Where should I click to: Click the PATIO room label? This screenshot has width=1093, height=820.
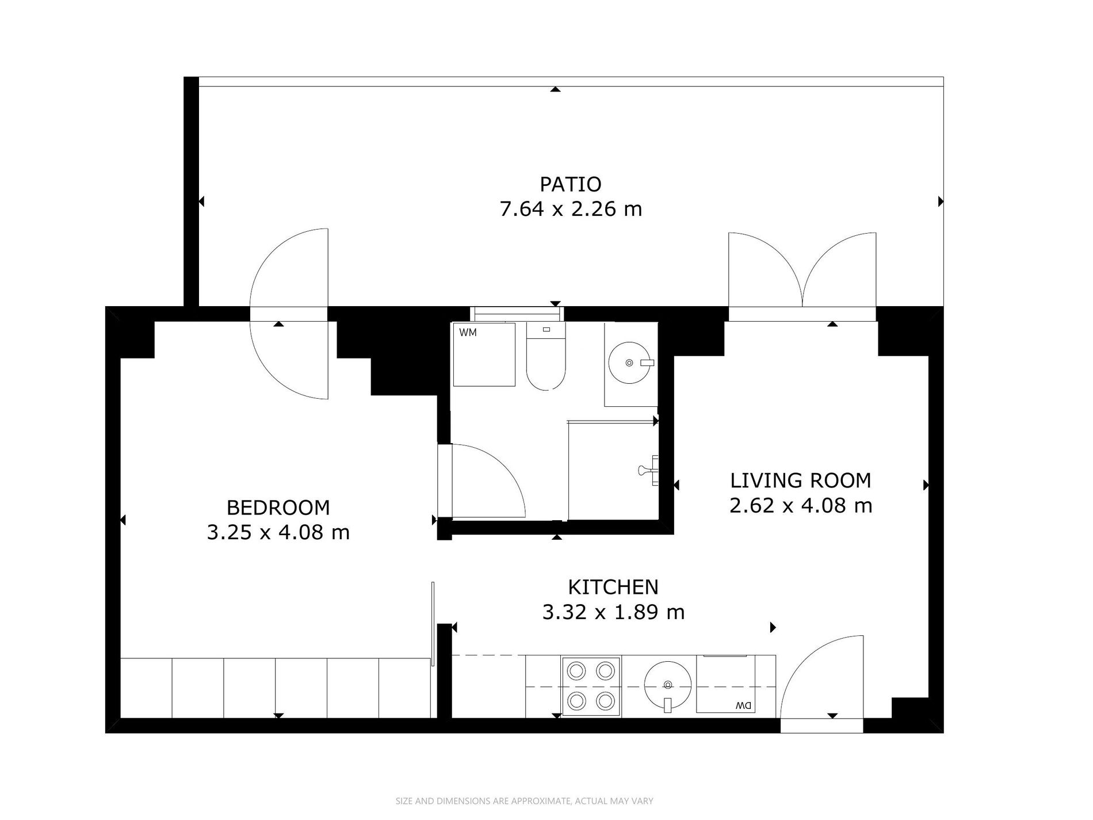tap(562, 184)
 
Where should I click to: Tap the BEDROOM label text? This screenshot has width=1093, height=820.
tap(278, 508)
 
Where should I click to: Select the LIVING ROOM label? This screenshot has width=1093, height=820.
tap(800, 480)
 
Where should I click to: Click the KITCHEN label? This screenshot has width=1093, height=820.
tap(613, 587)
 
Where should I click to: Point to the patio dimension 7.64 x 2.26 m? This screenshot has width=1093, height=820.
tap(571, 209)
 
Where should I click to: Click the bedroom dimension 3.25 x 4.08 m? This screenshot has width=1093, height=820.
tap(278, 533)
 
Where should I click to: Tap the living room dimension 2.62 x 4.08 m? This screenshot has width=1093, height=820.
tap(800, 506)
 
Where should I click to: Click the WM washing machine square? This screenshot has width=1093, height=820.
tap(484, 354)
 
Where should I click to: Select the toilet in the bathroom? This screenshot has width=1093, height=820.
tap(546, 357)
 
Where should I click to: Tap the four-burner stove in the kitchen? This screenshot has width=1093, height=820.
tap(591, 686)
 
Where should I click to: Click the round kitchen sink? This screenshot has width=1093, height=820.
tap(667, 685)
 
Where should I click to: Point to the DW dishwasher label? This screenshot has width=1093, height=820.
tap(744, 706)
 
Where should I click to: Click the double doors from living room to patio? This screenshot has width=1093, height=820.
tap(802, 277)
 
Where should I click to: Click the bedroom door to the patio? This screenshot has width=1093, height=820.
tap(289, 314)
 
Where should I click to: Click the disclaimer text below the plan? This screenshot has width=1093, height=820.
tap(524, 800)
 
